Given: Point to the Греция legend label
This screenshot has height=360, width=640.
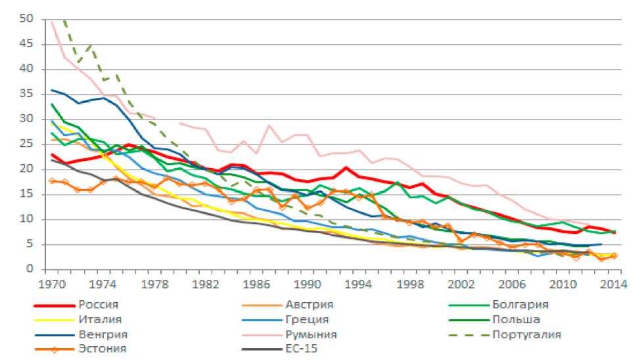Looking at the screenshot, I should [x=307, y=320].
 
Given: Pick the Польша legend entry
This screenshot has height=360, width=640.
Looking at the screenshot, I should [x=516, y=320].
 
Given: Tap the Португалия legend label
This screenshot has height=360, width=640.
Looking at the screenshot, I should [x=526, y=334].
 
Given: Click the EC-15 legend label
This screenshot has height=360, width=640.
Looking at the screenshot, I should [x=302, y=349].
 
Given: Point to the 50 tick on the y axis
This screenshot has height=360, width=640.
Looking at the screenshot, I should [x=27, y=19].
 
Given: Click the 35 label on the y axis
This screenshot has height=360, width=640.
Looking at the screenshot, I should [x=27, y=94].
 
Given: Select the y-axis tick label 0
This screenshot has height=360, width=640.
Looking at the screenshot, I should [x=30, y=269].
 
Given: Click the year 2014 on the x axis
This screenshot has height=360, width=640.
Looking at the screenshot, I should [x=611, y=284].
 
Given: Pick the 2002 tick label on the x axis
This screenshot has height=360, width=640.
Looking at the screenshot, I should [x=461, y=284].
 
